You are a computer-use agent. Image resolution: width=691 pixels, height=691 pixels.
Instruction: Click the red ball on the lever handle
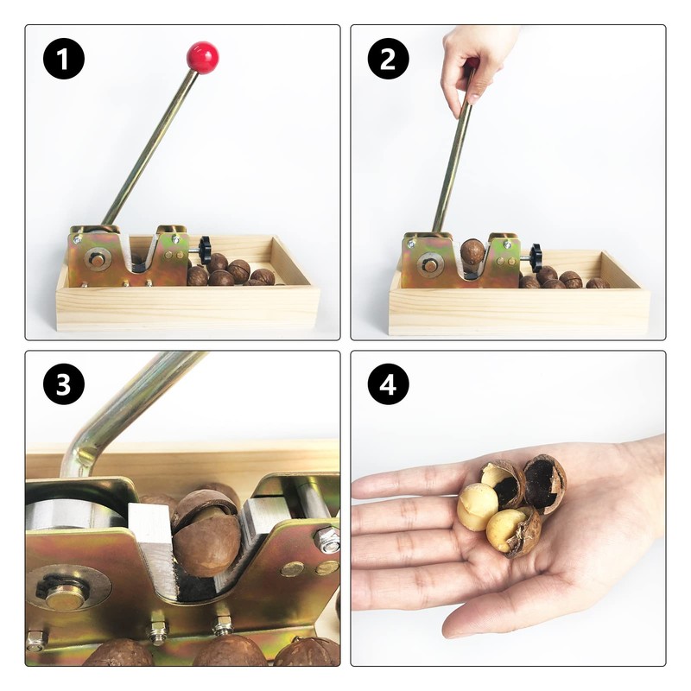[202, 56]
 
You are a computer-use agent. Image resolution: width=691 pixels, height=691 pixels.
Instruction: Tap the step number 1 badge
[64, 59]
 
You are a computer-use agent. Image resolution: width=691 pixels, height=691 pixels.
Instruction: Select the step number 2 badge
[388, 59]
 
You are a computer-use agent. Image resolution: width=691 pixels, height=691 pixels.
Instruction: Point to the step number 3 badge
[64, 384]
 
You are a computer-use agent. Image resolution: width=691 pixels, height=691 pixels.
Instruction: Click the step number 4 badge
[388, 384]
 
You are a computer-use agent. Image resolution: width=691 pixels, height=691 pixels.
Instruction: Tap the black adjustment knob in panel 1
[204, 250]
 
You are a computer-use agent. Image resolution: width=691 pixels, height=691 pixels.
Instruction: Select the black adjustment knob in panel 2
[535, 257]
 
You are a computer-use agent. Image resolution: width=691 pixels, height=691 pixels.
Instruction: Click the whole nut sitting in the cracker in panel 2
[472, 252]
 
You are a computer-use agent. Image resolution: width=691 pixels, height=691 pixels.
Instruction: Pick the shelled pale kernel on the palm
[478, 506]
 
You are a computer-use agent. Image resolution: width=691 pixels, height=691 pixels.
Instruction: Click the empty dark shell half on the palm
[544, 484]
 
